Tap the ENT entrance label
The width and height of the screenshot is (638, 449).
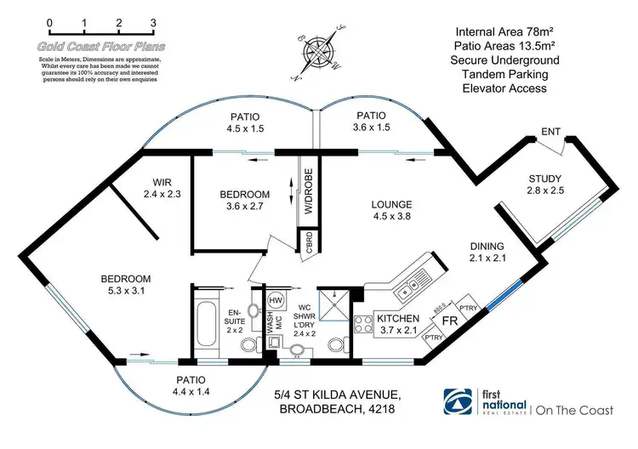[x=550, y=132]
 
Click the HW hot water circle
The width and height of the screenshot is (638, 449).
[x=276, y=300]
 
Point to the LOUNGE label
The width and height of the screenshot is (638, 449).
[x=390, y=205]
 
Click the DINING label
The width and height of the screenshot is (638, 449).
[x=488, y=247]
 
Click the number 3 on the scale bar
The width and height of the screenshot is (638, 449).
[x=152, y=22]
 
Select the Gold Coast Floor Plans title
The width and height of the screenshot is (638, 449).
[x=101, y=48]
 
